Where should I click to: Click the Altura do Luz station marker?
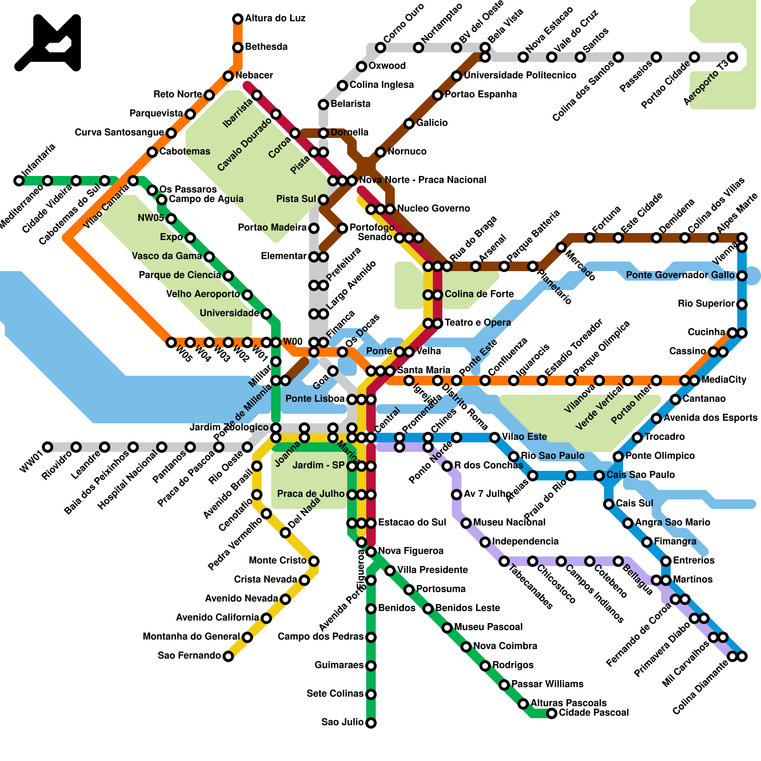click(x=238, y=19)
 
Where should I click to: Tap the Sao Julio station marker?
click(x=371, y=723)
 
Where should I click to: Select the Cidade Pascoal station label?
click(x=594, y=712)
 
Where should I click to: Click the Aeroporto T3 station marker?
click(x=732, y=57)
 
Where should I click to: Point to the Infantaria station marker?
click(x=19, y=181)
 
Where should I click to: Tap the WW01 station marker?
click(x=48, y=447)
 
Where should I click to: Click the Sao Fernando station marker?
click(x=228, y=656)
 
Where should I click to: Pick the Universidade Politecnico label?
click(x=520, y=75)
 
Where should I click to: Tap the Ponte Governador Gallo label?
click(x=680, y=275)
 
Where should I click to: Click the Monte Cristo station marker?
click(x=314, y=561)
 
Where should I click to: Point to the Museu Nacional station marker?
click(x=466, y=523)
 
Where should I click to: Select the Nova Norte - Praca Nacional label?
click(x=422, y=180)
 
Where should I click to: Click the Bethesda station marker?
click(x=238, y=48)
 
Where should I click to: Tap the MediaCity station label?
click(x=724, y=380)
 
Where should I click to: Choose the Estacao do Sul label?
click(x=412, y=522)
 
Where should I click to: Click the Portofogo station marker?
click(x=342, y=228)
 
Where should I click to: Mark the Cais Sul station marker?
click(x=609, y=504)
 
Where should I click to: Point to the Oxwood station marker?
click(x=361, y=67)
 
